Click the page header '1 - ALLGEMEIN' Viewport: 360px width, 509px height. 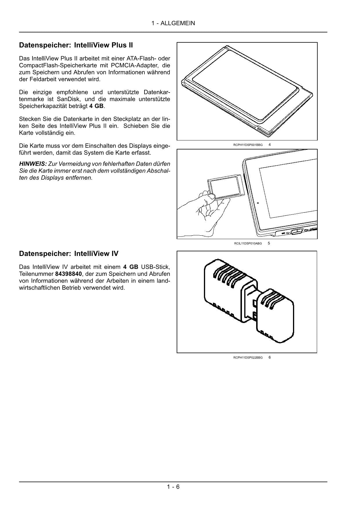[x=173, y=23]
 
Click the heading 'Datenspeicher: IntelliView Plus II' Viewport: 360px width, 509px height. [x=76, y=45]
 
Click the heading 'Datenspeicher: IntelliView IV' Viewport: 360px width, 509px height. [x=68, y=254]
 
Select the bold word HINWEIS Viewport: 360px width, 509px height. [x=33, y=164]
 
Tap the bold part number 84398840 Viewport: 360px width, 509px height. [x=68, y=274]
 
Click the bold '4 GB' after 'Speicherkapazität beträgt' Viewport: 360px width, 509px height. [x=96, y=106]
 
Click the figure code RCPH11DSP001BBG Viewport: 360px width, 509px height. [x=248, y=145]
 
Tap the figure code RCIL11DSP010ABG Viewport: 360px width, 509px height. [x=248, y=243]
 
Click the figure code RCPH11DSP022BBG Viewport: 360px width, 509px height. [x=248, y=358]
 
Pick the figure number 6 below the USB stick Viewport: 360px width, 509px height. [x=269, y=357]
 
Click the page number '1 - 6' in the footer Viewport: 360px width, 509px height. [x=173, y=487]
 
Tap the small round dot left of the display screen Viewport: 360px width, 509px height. [x=258, y=203]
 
